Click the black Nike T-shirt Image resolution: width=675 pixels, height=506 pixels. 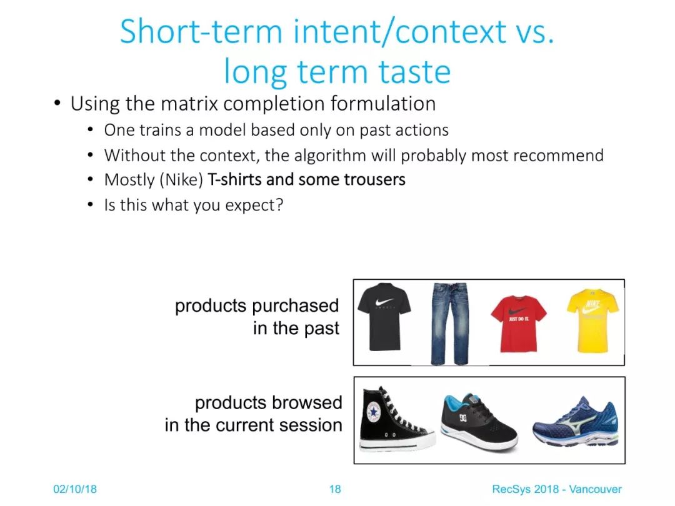[384, 316]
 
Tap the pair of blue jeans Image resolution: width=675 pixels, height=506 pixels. [449, 324]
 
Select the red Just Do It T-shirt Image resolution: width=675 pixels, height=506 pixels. [518, 324]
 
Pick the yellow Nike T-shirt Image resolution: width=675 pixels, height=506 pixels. [592, 321]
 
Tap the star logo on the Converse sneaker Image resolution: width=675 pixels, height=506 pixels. [372, 412]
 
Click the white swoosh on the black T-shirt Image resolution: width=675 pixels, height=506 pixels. [384, 301]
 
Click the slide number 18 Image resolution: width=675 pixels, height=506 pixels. [335, 489]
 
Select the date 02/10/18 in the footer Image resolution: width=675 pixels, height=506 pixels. [75, 489]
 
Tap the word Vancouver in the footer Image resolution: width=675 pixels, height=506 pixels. [596, 489]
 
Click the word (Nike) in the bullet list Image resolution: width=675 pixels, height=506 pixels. [181, 180]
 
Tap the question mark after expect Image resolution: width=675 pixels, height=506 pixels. [279, 204]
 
